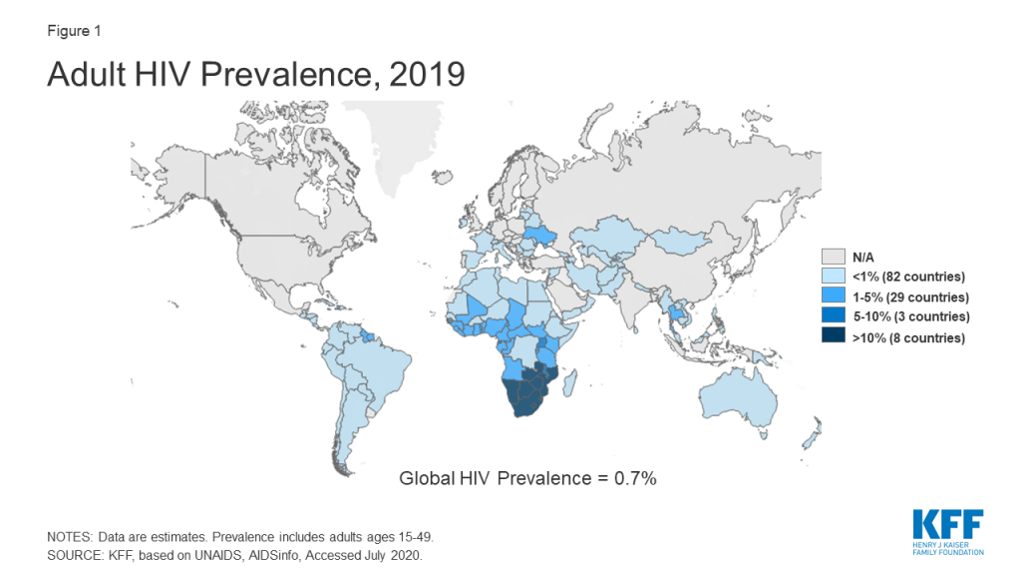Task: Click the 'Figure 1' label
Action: pos(72,31)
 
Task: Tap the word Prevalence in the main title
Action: pos(279,75)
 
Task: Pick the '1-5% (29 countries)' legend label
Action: pos(909,296)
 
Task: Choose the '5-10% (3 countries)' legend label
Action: pos(909,317)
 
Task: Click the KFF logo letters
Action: pos(946,524)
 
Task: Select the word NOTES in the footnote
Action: pos(70,537)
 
